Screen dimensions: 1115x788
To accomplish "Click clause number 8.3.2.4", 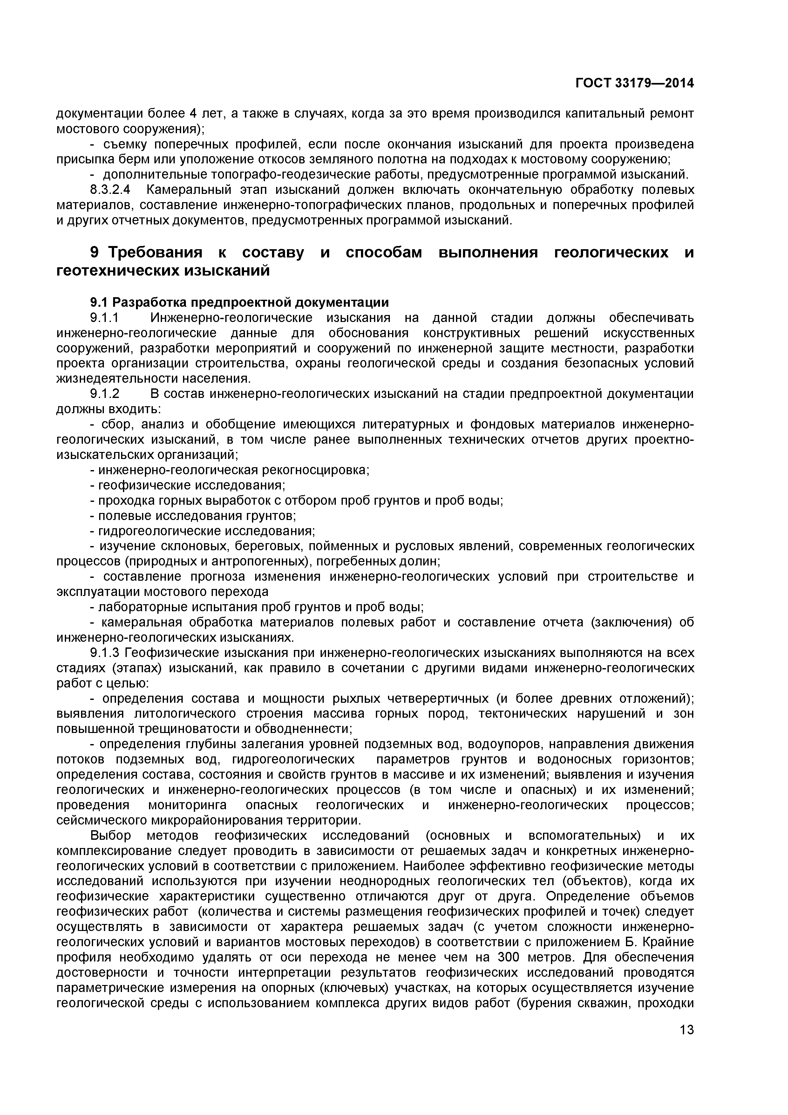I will click(111, 190).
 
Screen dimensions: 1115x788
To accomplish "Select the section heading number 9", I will click(95, 252).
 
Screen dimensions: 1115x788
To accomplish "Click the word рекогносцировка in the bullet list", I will click(315, 470).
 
